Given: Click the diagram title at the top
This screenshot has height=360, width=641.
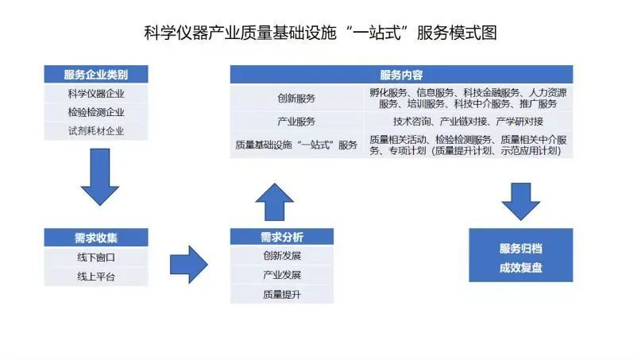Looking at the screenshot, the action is [x=321, y=33].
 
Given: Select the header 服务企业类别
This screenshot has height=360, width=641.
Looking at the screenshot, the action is [x=96, y=75].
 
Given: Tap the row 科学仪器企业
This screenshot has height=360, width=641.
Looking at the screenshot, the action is [x=96, y=94].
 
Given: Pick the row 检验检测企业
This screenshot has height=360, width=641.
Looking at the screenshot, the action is [x=96, y=112].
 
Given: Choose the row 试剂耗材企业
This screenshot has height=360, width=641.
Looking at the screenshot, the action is [x=96, y=131].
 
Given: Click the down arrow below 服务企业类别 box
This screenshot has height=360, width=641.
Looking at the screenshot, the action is [x=100, y=176].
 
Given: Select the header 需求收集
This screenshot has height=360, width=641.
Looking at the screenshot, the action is [x=96, y=238].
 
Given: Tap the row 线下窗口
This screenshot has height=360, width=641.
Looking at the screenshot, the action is [x=96, y=257].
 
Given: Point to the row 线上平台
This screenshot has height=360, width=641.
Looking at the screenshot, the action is [x=96, y=277].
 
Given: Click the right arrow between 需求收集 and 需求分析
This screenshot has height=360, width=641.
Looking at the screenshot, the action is [x=189, y=265].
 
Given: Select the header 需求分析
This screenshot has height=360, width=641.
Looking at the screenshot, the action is [x=282, y=237].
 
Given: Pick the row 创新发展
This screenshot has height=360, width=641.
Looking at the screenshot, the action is [x=282, y=256].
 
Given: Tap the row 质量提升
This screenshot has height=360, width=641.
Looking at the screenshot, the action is [x=282, y=294].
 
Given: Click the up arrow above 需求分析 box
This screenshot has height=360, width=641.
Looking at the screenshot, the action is [x=274, y=202].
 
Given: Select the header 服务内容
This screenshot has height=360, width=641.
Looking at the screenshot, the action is [x=401, y=75].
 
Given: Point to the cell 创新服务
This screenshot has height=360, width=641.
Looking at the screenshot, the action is [x=296, y=99].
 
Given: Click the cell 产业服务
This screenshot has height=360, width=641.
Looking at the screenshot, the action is [x=296, y=122].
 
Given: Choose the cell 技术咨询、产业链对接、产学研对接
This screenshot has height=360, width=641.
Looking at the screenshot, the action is [x=468, y=122].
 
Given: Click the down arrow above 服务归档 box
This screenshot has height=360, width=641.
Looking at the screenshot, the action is [x=521, y=202].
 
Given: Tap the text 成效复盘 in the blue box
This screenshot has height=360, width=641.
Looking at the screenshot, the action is [x=521, y=268].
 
